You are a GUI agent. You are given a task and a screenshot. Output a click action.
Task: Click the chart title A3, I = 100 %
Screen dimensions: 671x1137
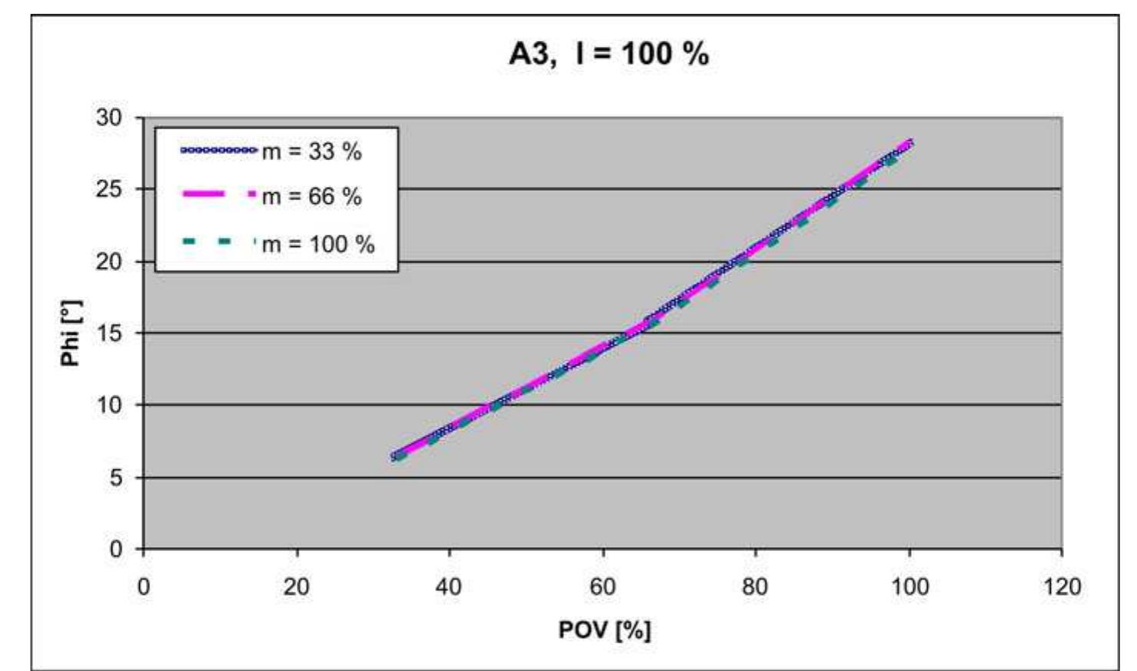pyautogui.click(x=608, y=54)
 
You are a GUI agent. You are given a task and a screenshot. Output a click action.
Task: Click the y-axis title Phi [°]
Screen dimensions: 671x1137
pyautogui.click(x=71, y=333)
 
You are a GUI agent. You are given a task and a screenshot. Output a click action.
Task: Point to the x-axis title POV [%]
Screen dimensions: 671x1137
pyautogui.click(x=604, y=630)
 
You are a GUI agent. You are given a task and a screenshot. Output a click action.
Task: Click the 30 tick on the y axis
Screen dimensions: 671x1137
pyautogui.click(x=109, y=118)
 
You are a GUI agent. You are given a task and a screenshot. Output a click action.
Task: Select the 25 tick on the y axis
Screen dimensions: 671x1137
pyautogui.click(x=109, y=189)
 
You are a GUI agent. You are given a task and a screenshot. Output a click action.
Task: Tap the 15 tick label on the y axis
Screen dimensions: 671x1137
pyautogui.click(x=109, y=333)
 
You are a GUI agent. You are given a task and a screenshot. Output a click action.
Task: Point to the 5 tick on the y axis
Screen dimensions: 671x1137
pyautogui.click(x=115, y=477)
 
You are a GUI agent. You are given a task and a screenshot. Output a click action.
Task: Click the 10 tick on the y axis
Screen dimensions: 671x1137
pyautogui.click(x=109, y=405)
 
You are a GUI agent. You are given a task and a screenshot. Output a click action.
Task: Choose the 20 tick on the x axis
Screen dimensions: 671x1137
pyautogui.click(x=296, y=587)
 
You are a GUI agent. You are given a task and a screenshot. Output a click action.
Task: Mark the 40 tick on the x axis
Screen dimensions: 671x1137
pyautogui.click(x=449, y=587)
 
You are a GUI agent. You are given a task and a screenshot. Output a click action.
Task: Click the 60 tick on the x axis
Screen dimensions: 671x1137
pyautogui.click(x=602, y=587)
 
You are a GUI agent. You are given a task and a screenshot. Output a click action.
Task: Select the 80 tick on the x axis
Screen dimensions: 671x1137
pyautogui.click(x=755, y=587)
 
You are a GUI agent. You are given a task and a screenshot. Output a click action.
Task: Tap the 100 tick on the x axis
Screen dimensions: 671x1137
pyautogui.click(x=909, y=587)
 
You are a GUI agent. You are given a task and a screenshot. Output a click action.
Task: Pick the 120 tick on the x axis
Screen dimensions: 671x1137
pyautogui.click(x=1062, y=587)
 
